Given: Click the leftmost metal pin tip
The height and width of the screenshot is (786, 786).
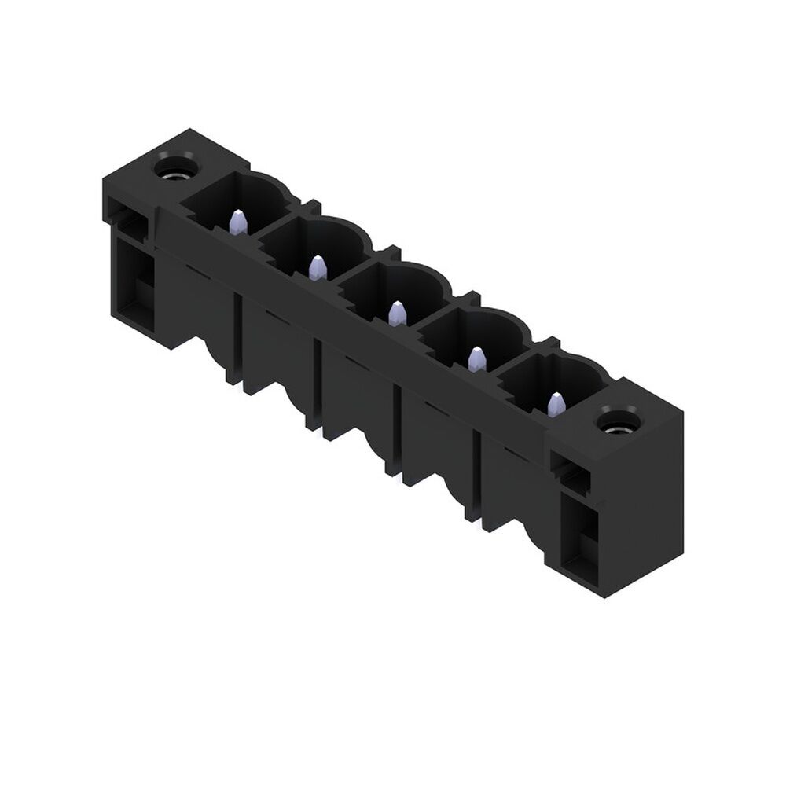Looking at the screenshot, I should (237, 223).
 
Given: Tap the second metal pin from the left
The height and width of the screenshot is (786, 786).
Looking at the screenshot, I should (318, 268).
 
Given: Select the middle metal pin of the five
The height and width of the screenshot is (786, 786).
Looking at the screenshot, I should (398, 314).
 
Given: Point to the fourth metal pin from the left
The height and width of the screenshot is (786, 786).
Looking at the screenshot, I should (477, 359).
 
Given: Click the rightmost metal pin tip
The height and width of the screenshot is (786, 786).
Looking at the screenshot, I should (556, 404).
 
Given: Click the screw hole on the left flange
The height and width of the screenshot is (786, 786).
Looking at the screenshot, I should (171, 168).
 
